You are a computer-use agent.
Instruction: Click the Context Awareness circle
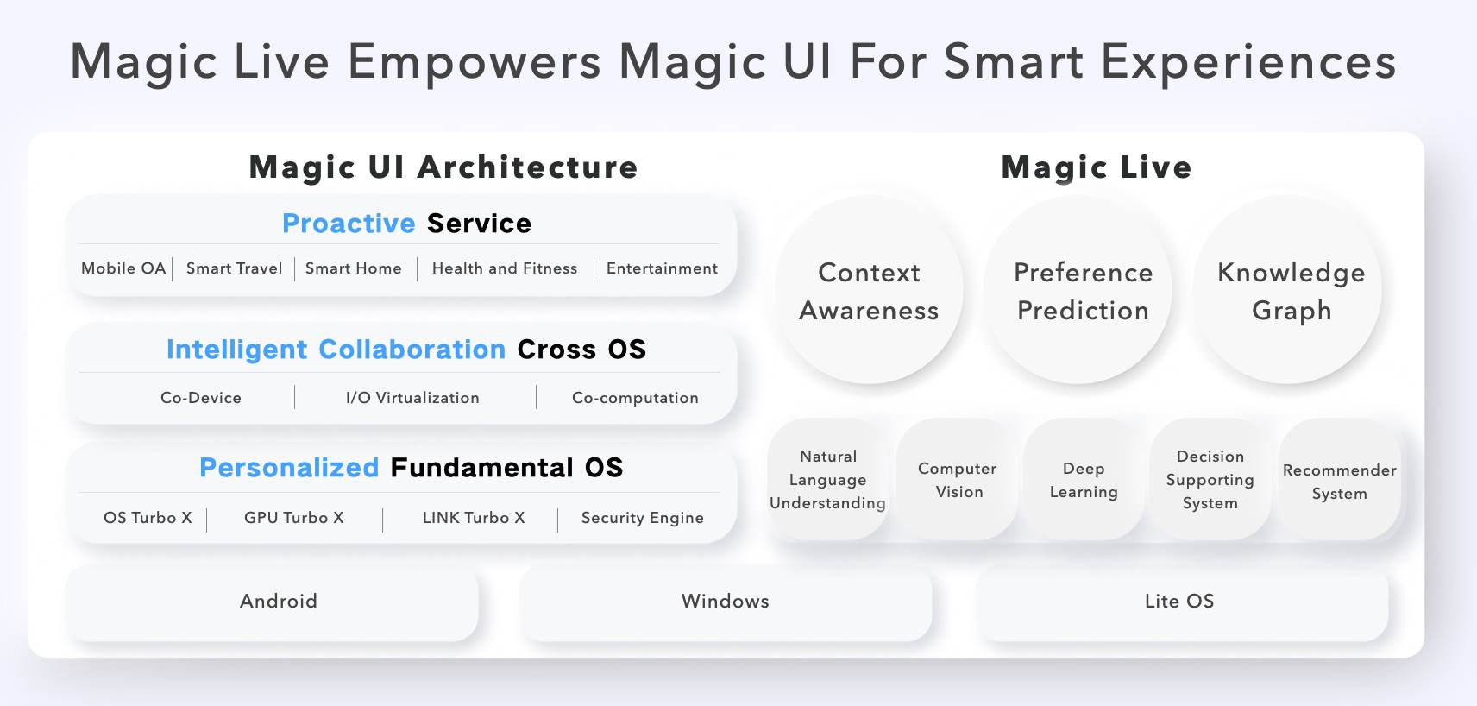pyautogui.click(x=869, y=291)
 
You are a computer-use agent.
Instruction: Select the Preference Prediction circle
pyautogui.click(x=1082, y=291)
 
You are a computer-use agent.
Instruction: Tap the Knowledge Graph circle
pyautogui.click(x=1291, y=291)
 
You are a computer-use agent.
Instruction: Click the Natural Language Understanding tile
pyautogui.click(x=828, y=480)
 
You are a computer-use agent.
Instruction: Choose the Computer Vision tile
pyautogui.click(x=958, y=480)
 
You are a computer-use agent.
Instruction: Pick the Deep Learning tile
pyautogui.click(x=1084, y=480)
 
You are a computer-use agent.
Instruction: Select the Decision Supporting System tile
pyautogui.click(x=1210, y=480)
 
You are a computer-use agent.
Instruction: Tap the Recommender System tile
pyautogui.click(x=1339, y=482)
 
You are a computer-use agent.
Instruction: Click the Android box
pyautogui.click(x=278, y=602)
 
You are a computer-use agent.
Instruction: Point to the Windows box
pyautogui.click(x=725, y=602)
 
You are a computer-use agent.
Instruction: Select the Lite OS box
pyautogui.click(x=1179, y=602)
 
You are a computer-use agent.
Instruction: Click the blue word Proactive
pyautogui.click(x=349, y=224)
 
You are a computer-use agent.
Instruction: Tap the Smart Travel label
pyautogui.click(x=234, y=268)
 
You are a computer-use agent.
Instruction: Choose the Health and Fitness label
pyautogui.click(x=505, y=268)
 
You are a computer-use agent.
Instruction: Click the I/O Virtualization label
pyautogui.click(x=412, y=398)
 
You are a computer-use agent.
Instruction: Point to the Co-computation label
pyautogui.click(x=635, y=398)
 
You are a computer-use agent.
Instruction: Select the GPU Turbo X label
pyautogui.click(x=293, y=518)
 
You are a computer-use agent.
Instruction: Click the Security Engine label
pyautogui.click(x=642, y=518)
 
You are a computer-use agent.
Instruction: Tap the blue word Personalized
pyautogui.click(x=289, y=468)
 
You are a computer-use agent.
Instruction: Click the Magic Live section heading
pyautogui.click(x=1096, y=167)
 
